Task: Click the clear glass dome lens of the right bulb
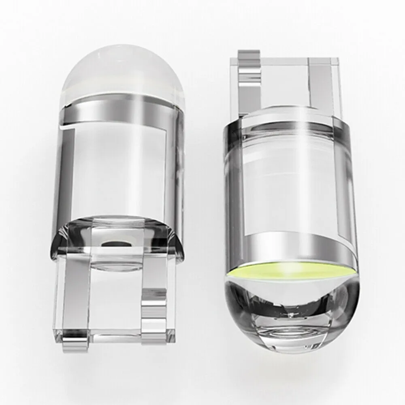click(292, 320)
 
